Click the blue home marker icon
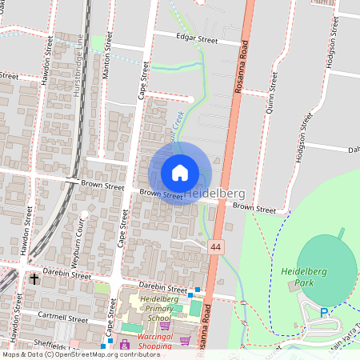[x=180, y=173]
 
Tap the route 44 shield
[x=216, y=248]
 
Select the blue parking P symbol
[x=324, y=313]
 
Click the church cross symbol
[x=34, y=279]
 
